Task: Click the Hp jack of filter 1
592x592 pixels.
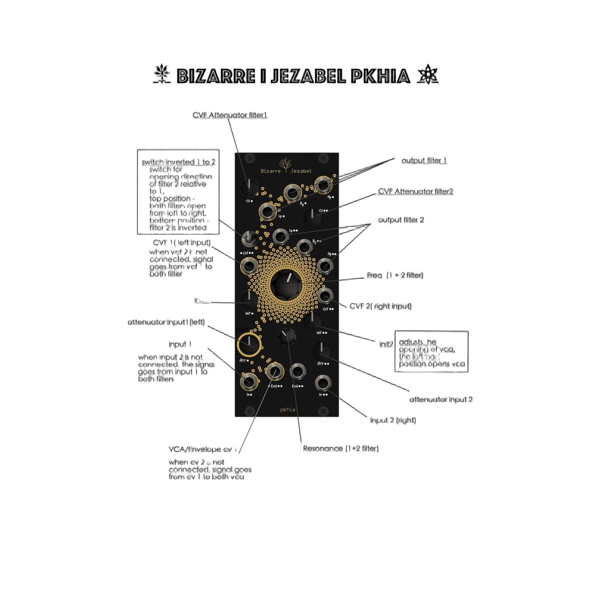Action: click(x=324, y=184)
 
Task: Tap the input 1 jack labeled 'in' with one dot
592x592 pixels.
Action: click(x=249, y=382)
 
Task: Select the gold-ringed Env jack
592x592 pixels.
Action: click(x=275, y=371)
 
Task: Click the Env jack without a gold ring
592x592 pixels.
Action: click(x=297, y=372)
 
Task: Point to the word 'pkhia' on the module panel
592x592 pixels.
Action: click(x=287, y=409)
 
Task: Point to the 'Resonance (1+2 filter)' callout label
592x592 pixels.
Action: click(x=341, y=449)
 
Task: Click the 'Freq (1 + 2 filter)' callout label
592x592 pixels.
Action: click(x=395, y=276)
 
